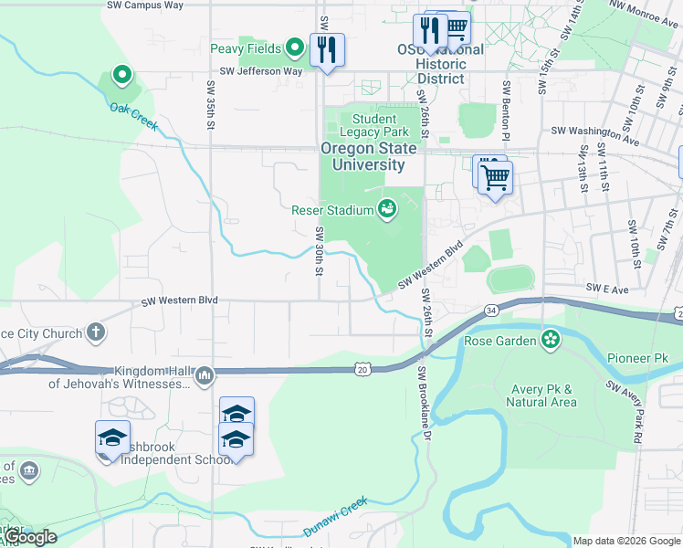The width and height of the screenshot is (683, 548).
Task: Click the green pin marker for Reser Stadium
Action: coord(387,210)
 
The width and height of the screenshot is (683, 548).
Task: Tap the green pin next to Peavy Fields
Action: coord(295,47)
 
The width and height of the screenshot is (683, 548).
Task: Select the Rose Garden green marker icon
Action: coord(550,341)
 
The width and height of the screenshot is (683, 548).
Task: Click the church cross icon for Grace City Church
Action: coord(96,333)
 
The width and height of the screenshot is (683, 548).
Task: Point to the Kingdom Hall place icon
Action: coord(205,375)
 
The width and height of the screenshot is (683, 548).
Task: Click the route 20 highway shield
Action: coord(362,369)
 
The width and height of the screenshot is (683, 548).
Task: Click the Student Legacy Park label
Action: coord(374,125)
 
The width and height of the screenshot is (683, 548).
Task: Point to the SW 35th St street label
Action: coord(210,101)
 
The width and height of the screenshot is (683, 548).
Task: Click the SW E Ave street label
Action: coord(608,288)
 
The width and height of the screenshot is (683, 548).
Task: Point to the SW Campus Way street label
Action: coord(145,5)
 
